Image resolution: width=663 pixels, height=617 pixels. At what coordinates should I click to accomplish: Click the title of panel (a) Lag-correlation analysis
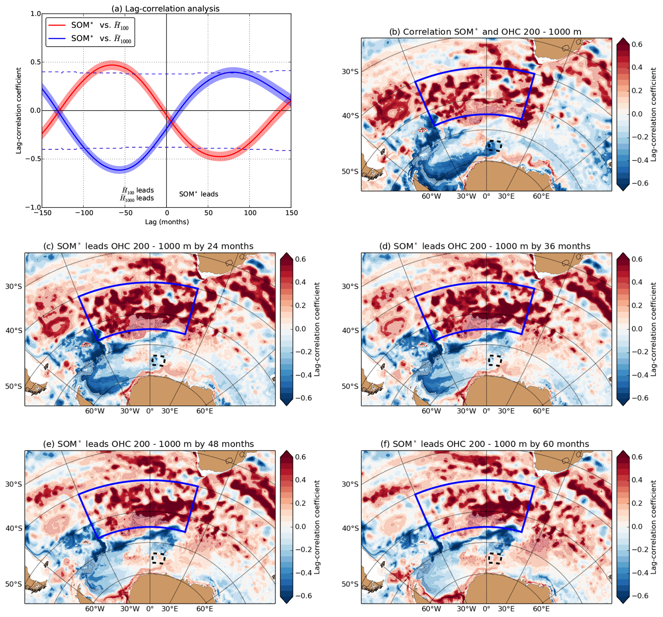[166, 9]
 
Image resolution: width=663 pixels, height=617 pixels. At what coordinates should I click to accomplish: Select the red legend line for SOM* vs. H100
[57, 25]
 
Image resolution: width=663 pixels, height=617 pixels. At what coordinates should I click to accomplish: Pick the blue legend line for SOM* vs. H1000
[57, 38]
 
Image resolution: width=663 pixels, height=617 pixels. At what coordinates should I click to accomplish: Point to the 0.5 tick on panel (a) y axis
[36, 62]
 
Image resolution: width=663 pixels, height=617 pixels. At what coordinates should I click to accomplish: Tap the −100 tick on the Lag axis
[84, 213]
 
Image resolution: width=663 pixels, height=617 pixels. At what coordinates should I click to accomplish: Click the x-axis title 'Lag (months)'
[167, 222]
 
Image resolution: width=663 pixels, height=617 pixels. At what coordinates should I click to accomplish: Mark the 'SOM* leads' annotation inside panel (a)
[199, 194]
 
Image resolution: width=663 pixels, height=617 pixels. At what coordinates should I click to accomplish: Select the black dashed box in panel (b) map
[495, 146]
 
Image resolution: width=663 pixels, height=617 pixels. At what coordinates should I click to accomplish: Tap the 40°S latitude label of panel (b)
[350, 116]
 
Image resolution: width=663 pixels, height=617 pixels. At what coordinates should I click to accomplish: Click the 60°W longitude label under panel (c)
[95, 411]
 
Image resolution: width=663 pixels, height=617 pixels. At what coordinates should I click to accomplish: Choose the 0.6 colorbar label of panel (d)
[637, 259]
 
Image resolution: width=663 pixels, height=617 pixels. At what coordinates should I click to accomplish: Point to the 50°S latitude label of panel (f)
[350, 584]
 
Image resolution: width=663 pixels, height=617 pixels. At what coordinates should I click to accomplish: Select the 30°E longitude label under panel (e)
[170, 609]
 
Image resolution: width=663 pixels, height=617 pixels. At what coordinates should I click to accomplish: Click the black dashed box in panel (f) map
[495, 558]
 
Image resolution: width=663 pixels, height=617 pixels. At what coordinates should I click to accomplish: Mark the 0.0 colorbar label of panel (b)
[637, 114]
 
